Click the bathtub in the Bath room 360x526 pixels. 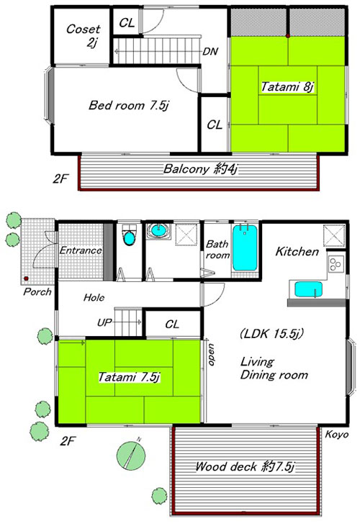pyautogui.click(x=245, y=248)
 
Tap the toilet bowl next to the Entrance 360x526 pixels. pyautogui.click(x=129, y=236)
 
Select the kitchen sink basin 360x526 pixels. pyautogui.click(x=308, y=289)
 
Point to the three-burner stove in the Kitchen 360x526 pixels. pyautogui.click(x=336, y=263)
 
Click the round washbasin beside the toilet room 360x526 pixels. pyautogui.click(x=158, y=230)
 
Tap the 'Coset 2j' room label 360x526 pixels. pyautogui.click(x=84, y=35)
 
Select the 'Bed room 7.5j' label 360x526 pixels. pyautogui.click(x=128, y=105)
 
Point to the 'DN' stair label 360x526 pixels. pyautogui.click(x=210, y=51)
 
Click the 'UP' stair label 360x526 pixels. pyautogui.click(x=104, y=322)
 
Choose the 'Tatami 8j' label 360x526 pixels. pyautogui.click(x=287, y=87)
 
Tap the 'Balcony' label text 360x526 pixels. pyautogui.click(x=186, y=168)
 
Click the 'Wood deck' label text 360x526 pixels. pyautogui.click(x=227, y=466)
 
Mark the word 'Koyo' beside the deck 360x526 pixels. pyautogui.click(x=337, y=435)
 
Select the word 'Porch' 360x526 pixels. pyautogui.click(x=37, y=291)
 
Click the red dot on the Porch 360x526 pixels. pyautogui.click(x=26, y=278)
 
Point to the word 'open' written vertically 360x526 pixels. pyautogui.click(x=212, y=354)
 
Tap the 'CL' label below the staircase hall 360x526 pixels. pyautogui.click(x=172, y=324)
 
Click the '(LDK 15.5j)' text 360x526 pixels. pyautogui.click(x=271, y=333)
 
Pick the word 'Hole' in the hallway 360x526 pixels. pyautogui.click(x=94, y=297)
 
